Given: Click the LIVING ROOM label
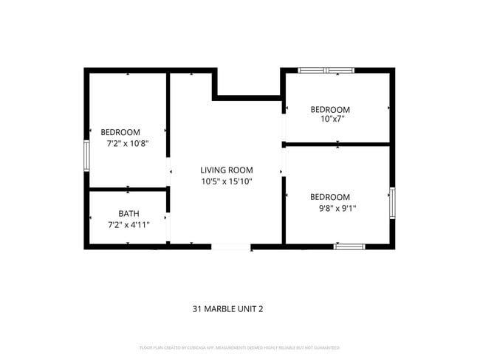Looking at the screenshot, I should point(226,170).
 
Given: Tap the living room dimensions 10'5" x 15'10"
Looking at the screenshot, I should point(227,181).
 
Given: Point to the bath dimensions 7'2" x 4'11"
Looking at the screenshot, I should point(128,225).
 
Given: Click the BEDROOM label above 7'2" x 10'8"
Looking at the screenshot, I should point(120,132).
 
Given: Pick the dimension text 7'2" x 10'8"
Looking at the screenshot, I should point(128,143).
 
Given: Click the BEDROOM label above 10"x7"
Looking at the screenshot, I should point(329,109).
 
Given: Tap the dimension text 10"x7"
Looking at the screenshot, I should point(332,118).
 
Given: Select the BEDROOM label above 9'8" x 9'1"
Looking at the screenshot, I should point(329,196).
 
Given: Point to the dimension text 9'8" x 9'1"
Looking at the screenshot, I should point(332,208).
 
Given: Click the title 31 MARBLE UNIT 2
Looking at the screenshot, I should point(227,309).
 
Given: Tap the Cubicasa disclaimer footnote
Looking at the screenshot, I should point(239,347).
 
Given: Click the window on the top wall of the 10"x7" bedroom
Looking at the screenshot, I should point(326,70).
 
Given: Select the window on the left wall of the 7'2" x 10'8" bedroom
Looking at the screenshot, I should point(86,156).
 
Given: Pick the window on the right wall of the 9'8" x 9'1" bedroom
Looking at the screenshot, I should point(392,203).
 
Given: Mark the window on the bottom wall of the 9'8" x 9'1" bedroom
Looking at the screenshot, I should point(349,246).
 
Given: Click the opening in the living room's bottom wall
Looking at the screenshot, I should point(231,246).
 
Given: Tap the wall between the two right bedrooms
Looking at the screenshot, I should point(337,144).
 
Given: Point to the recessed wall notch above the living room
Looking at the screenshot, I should point(247,96).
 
